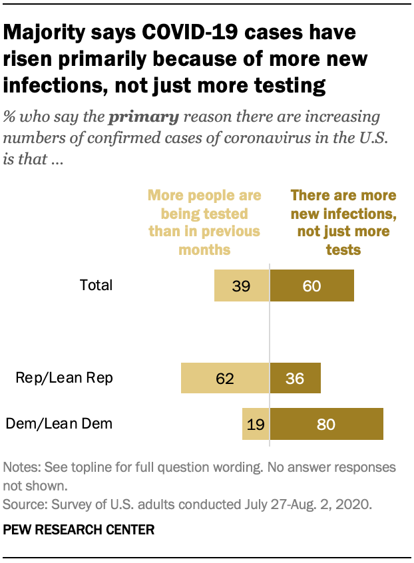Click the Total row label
(x=97, y=285)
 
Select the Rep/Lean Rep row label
(x=65, y=378)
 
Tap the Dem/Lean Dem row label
(x=59, y=423)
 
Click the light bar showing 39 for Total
(x=242, y=286)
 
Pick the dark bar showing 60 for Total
(x=311, y=286)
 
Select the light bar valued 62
(x=225, y=379)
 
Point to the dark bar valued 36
(x=295, y=379)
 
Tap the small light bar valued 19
(x=256, y=424)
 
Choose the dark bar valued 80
(x=326, y=424)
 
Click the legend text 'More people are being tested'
(x=204, y=214)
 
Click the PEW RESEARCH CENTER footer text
(x=79, y=530)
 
